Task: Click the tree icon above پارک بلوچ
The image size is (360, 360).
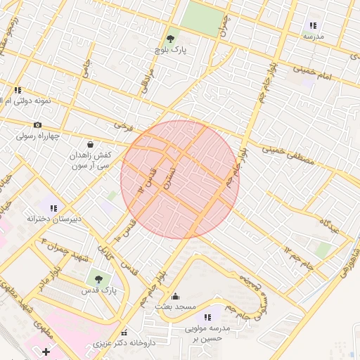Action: click(x=169, y=38)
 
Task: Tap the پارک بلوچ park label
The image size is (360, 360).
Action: click(x=169, y=51)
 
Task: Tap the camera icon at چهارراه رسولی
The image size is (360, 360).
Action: click(x=37, y=124)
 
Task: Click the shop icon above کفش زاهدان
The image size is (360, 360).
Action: click(x=89, y=143)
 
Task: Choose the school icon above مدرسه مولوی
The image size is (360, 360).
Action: click(x=207, y=317)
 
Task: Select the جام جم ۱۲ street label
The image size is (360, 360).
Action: click(x=297, y=258)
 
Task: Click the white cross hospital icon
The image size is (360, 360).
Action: click(x=46, y=350)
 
